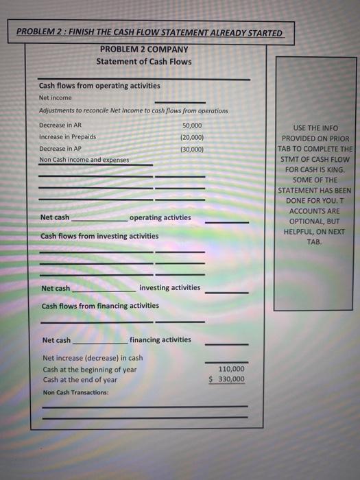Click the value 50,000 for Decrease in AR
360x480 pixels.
tap(192, 125)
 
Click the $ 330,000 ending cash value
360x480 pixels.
tap(227, 379)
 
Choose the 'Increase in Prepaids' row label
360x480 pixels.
tap(67, 136)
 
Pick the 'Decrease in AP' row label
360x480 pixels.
tap(60, 148)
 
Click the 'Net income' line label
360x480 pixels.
tap(55, 97)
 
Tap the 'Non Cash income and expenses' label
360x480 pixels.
tap(84, 160)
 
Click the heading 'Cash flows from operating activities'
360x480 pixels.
tap(99, 86)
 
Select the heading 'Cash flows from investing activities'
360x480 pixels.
tap(99, 236)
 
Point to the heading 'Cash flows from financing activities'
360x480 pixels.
tap(100, 306)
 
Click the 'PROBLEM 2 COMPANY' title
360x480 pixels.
tap(144, 49)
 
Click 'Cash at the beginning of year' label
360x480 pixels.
tap(89, 369)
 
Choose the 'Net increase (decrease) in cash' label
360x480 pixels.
tap(93, 358)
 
